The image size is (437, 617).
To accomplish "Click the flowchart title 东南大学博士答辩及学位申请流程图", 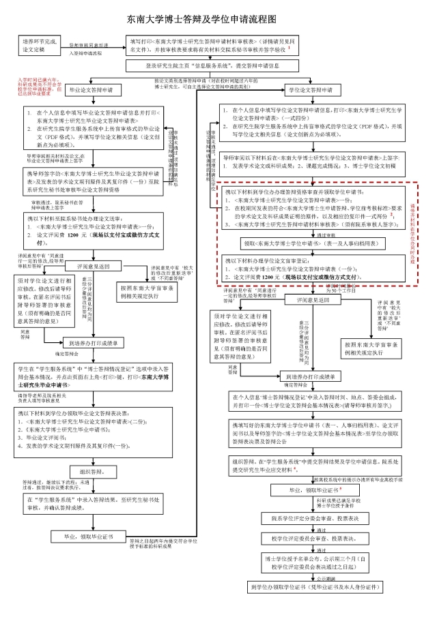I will coord(218,20).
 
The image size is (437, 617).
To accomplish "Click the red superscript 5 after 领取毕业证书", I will coord(339,488).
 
